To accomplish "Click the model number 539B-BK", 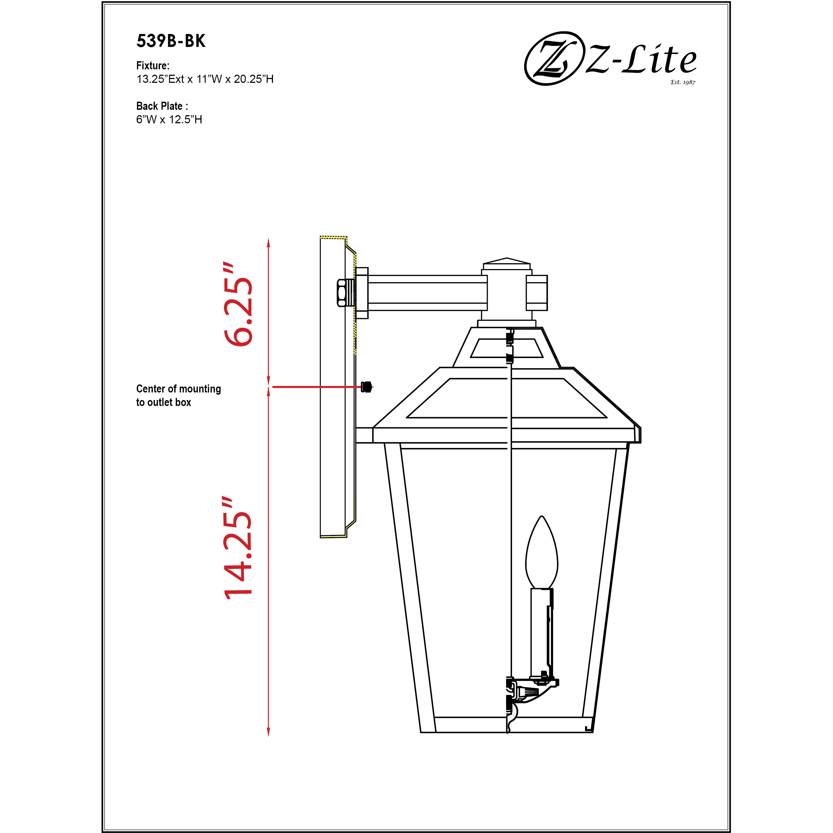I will (x=171, y=41).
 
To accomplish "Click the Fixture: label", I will (x=153, y=66).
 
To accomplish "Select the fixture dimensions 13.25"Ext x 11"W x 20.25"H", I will (x=205, y=79).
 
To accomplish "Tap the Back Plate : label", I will (x=162, y=106).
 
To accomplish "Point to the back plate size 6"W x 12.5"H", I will (x=169, y=120).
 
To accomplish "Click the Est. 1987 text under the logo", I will (x=682, y=82).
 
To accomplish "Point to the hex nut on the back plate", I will (x=342, y=293).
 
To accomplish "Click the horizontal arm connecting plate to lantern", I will (x=427, y=293).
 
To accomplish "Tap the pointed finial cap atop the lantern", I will (x=507, y=261).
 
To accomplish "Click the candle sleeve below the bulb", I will (x=541, y=632).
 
